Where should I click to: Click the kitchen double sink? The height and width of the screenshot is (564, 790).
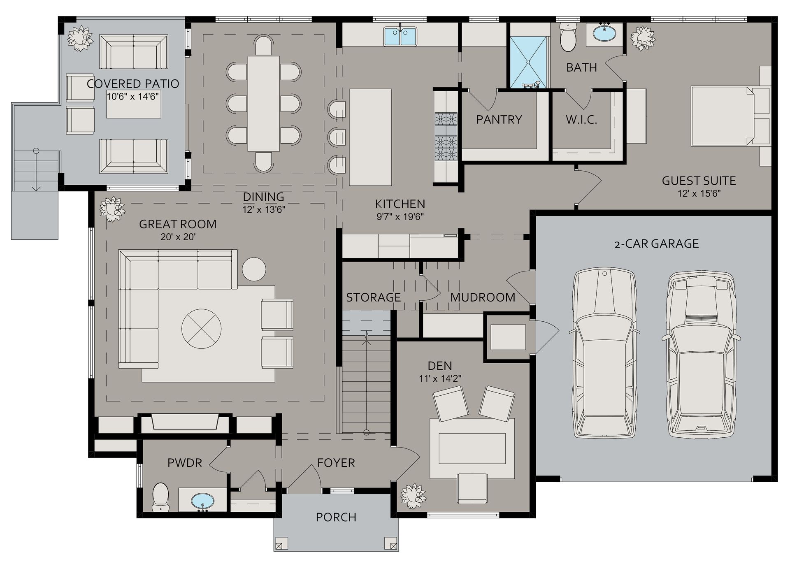pos(400,36)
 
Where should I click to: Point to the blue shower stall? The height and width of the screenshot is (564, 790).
pos(528,62)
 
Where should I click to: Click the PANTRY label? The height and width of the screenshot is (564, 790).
pos(499,120)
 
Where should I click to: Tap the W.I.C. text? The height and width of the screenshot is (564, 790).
pos(581,120)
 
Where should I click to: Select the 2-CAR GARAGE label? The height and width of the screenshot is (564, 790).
pos(656,244)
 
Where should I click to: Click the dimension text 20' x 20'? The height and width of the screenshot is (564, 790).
pos(178,237)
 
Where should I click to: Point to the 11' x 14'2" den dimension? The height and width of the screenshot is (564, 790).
pos(440,378)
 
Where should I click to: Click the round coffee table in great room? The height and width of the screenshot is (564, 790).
pos(202,329)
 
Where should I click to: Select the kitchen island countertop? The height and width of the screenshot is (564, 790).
pos(370,137)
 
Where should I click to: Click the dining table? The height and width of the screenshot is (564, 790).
pos(263,104)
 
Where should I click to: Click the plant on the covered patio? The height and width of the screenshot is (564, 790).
pos(80,38)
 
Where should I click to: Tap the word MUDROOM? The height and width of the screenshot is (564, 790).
pos(482,297)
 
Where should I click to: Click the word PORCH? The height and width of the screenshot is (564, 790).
pos(336,517)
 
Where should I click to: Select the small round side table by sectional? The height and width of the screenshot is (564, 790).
pos(254,269)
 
